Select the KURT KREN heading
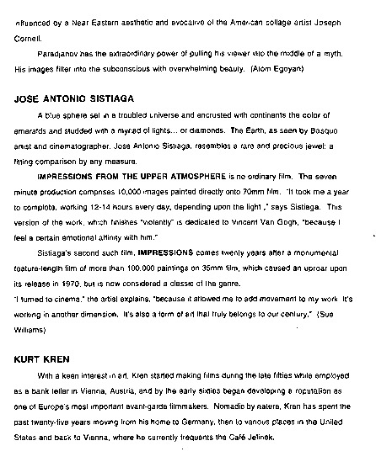tap(41, 358)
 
